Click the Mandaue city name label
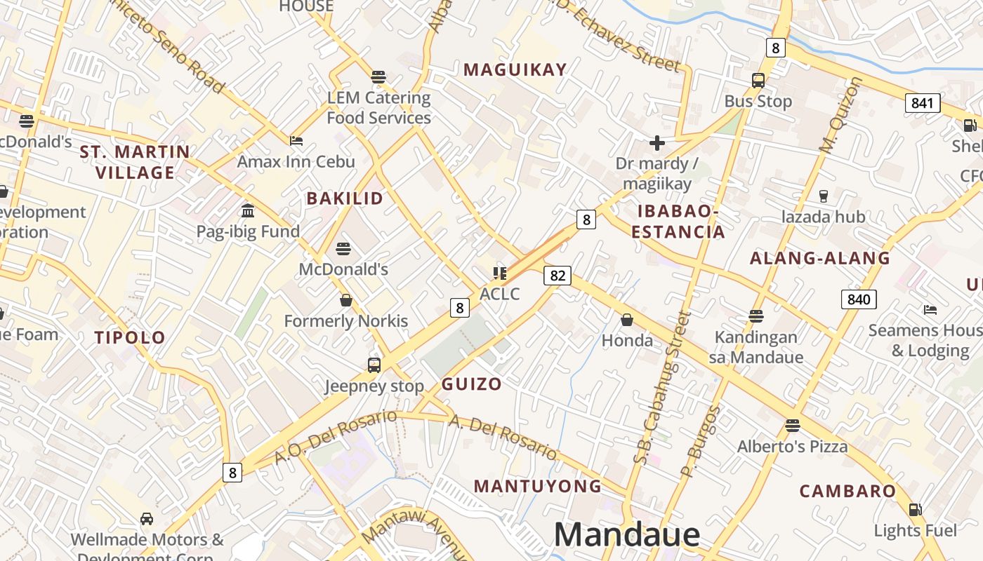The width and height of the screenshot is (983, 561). coord(626,534)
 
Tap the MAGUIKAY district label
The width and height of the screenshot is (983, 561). coord(515,69)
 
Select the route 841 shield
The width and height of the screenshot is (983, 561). coord(922,103)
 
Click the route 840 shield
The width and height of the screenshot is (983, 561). coord(858,299)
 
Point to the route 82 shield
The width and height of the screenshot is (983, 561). coord(558,276)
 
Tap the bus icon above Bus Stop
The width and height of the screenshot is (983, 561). coord(758,80)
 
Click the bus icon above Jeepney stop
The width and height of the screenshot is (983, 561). coord(374,365)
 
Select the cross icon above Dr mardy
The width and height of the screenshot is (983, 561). coord(657,143)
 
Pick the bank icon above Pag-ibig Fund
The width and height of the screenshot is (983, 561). coord(248,210)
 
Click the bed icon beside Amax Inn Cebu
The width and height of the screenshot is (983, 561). coord(296,140)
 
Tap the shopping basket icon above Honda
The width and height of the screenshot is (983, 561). coord(627,320)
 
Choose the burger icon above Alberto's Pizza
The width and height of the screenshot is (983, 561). coord(793,425)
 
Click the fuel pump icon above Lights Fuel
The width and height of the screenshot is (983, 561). coord(915,510)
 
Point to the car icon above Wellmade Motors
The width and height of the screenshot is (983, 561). coord(147,519)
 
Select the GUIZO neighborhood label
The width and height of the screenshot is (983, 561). coord(472,384)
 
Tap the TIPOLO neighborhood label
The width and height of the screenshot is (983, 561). coord(130,337)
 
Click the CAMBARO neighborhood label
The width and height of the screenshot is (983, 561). coord(847,491)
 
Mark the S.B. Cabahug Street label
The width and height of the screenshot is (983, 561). coord(662,389)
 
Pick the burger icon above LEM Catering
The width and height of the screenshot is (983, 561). coord(378,76)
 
